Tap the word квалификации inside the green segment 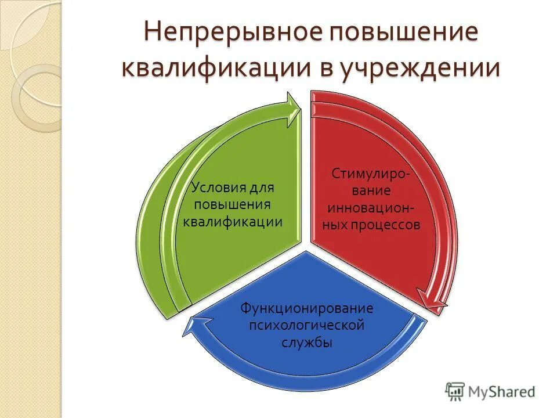[233, 221]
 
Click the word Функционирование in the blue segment [307, 308]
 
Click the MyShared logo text [501, 392]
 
